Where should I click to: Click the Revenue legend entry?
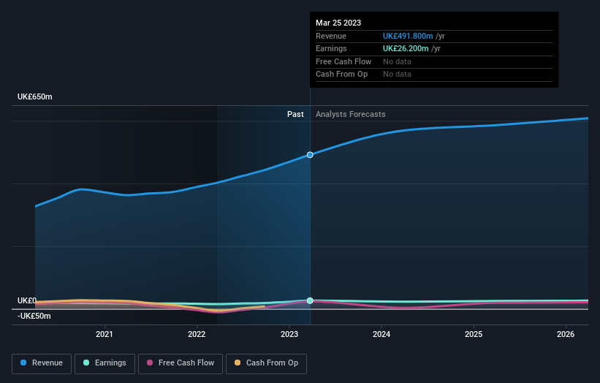point(42,363)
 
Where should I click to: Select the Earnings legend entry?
point(105,363)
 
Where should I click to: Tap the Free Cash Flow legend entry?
point(180,363)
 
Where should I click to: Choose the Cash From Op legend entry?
point(267,363)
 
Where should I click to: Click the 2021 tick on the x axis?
point(105,335)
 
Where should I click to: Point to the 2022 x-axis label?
point(197,335)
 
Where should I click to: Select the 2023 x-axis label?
point(289,335)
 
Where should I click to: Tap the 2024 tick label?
point(381,335)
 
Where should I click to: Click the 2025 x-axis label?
point(474,335)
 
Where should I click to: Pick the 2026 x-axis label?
point(566,335)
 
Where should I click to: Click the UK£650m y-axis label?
point(35,97)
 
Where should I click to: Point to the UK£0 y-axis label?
point(27,301)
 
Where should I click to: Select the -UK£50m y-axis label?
point(34,316)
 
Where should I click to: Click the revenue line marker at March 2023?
point(310,155)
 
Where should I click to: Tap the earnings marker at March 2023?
point(310,300)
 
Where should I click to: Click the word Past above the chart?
point(295,114)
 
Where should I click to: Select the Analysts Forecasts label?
point(350,114)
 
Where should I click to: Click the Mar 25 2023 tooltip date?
point(338,23)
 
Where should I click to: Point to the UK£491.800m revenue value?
point(408,36)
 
